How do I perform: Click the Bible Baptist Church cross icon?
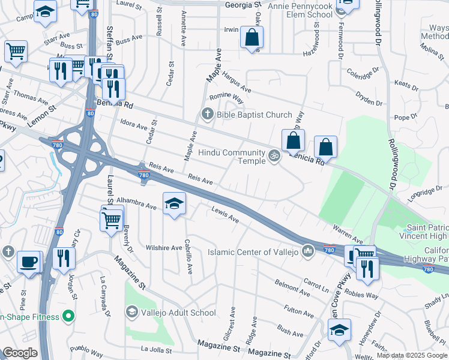point(208,113)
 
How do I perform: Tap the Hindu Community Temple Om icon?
point(274,155)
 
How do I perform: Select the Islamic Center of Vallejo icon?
point(309,250)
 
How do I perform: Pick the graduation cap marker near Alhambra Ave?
point(174,204)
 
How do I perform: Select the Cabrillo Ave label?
point(188,262)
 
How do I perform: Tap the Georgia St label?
point(244,5)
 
